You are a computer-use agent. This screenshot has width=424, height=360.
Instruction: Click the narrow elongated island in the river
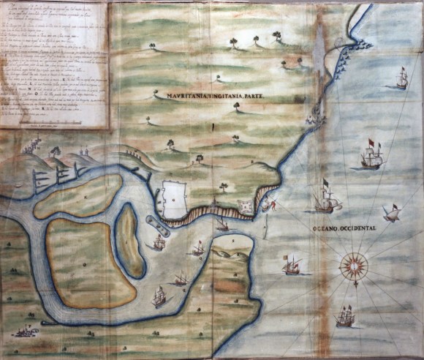click(x=129, y=239)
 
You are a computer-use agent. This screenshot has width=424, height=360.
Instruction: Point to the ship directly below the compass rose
click(x=345, y=317)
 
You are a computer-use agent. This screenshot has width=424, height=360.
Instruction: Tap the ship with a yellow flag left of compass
click(x=292, y=265)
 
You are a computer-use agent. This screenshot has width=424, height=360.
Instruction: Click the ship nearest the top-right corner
click(x=401, y=78)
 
